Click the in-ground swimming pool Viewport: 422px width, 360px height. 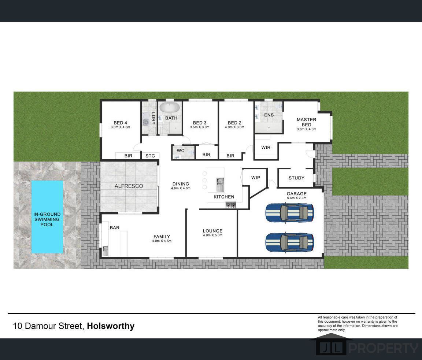pyautogui.click(x=47, y=216)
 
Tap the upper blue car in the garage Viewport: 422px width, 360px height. pyautogui.click(x=290, y=213)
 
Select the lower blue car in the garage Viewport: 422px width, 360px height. pyautogui.click(x=290, y=242)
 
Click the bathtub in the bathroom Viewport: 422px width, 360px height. pyautogui.click(x=170, y=108)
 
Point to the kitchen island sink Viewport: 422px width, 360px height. pyautogui.click(x=220, y=185)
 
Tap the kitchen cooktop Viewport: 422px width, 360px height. pyautogui.click(x=231, y=205)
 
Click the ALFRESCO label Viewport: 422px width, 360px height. pyautogui.click(x=129, y=186)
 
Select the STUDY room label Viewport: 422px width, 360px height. pyautogui.click(x=296, y=178)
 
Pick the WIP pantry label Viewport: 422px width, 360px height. pyautogui.click(x=256, y=178)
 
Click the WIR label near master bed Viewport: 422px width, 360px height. pyautogui.click(x=266, y=148)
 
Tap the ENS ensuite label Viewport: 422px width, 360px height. pyautogui.click(x=269, y=115)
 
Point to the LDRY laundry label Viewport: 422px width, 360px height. pyautogui.click(x=153, y=118)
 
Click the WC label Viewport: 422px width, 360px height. pyautogui.click(x=181, y=151)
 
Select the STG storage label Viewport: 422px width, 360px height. pyautogui.click(x=150, y=156)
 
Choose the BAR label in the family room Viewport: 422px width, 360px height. pyautogui.click(x=115, y=228)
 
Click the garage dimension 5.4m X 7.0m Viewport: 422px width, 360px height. pyautogui.click(x=297, y=198)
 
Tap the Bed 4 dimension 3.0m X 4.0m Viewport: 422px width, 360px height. pyautogui.click(x=120, y=127)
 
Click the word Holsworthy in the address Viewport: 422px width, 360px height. pyautogui.click(x=111, y=326)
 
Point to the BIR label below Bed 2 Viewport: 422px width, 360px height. pyautogui.click(x=230, y=156)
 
